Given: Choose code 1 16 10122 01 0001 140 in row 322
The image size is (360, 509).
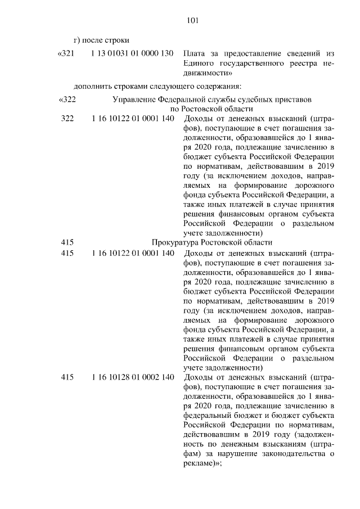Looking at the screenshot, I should (x=132, y=119).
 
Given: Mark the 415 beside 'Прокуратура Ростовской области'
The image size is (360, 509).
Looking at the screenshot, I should (x=67, y=242).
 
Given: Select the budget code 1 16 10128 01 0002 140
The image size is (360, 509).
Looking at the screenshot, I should (x=132, y=377).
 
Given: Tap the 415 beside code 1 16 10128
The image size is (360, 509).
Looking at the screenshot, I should (x=67, y=377).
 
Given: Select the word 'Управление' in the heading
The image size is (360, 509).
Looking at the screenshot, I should (x=133, y=99).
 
